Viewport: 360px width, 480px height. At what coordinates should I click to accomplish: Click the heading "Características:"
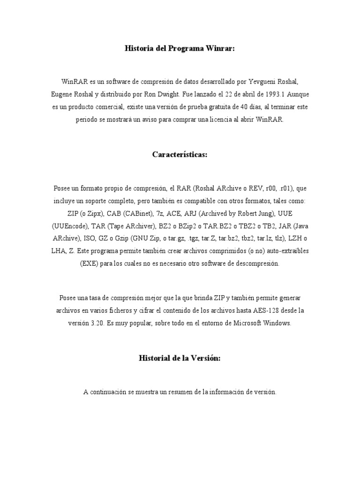click(x=180, y=154)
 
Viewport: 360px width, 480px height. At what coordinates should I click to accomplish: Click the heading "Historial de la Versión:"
click(x=180, y=358)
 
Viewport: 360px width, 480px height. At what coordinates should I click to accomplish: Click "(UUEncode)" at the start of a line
click(x=68, y=226)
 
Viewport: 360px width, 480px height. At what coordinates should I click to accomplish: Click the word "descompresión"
click(x=257, y=263)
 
